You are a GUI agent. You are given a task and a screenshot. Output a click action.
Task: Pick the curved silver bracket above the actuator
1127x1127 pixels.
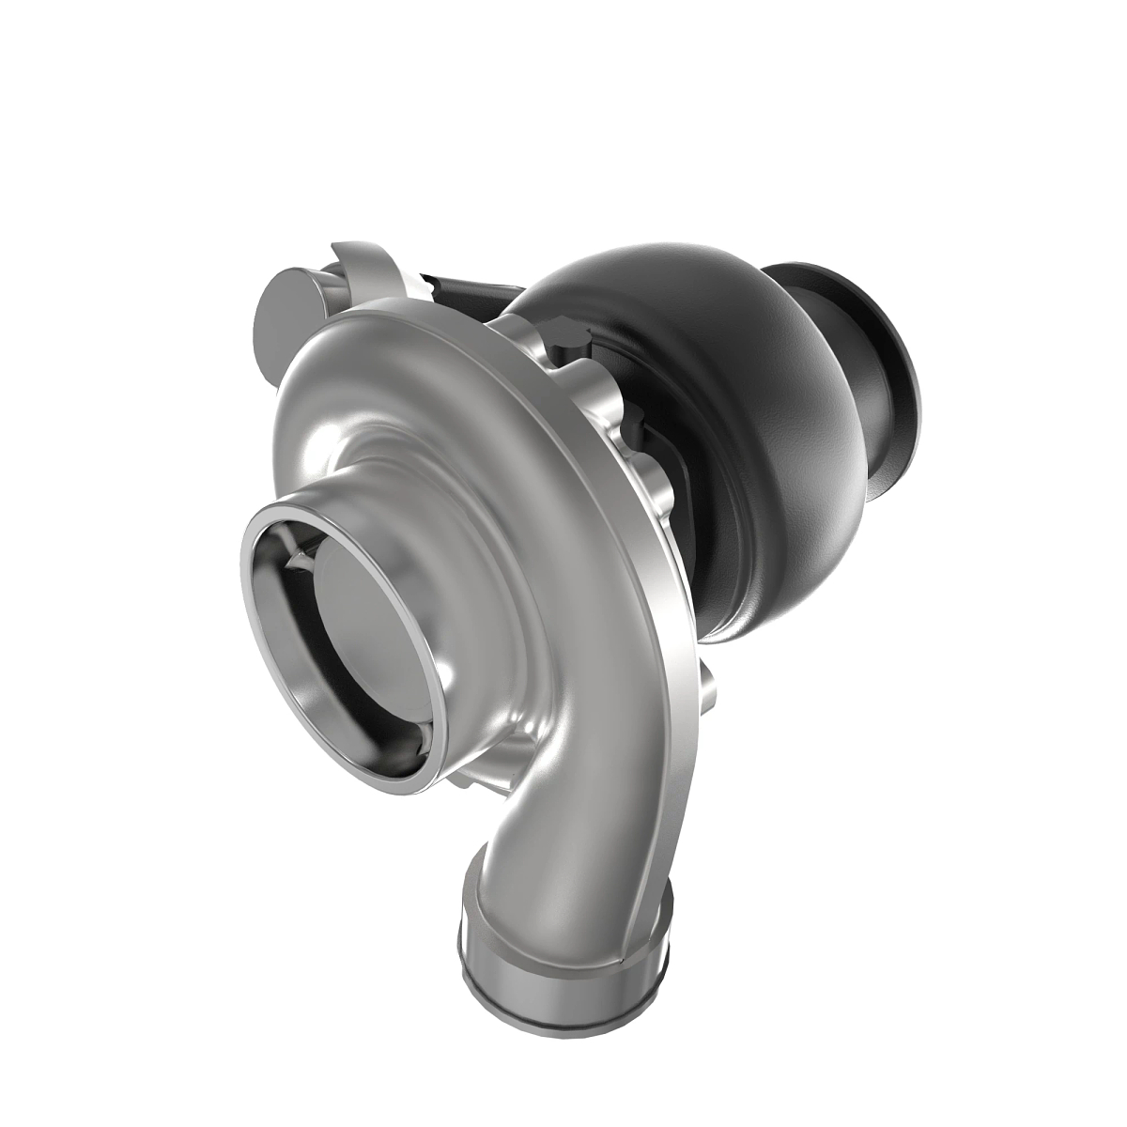376,263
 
